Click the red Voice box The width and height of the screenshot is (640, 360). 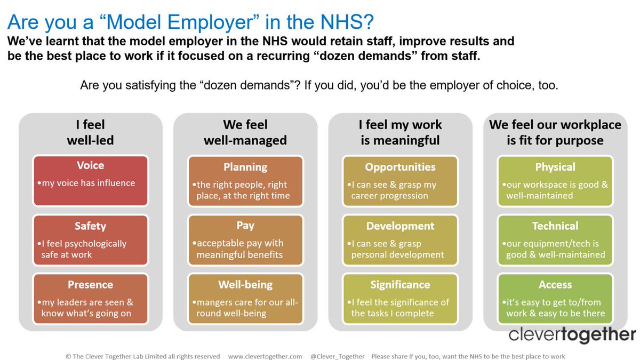pos(90,180)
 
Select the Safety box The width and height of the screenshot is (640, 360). pos(90,240)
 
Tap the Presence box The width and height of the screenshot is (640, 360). pos(90,299)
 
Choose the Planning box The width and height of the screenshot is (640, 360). pos(245,180)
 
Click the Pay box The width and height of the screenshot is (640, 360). pos(245,240)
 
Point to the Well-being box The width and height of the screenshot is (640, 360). pos(245,299)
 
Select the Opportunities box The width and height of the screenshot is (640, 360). pos(400,180)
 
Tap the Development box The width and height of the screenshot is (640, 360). pos(400,240)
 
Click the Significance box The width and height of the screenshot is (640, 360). pos(400,299)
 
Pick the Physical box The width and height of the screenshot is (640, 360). pos(555,180)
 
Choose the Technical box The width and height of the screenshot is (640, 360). pos(555,240)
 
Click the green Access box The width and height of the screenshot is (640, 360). pos(555,299)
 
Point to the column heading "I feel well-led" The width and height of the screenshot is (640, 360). pos(90,132)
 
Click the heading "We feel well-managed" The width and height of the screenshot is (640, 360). pos(245,132)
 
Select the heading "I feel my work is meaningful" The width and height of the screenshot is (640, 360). pos(400,132)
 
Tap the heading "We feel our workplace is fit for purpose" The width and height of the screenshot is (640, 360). pos(555,132)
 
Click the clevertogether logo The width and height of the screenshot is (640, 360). pos(572,335)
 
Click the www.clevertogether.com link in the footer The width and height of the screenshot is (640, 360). pos(265,356)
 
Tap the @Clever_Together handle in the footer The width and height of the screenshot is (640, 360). pos(338,356)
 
